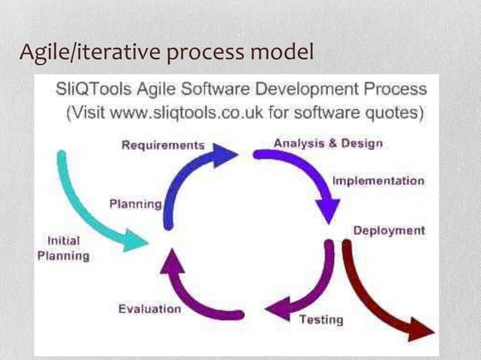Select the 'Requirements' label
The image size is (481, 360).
[163, 145]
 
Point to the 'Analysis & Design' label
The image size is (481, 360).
[327, 142]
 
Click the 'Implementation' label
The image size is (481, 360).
[378, 181]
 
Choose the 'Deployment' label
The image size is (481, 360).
[389, 230]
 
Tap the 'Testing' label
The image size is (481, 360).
[321, 319]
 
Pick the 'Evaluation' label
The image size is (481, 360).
[150, 309]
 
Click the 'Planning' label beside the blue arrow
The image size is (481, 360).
[136, 203]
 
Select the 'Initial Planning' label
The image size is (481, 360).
[63, 249]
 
